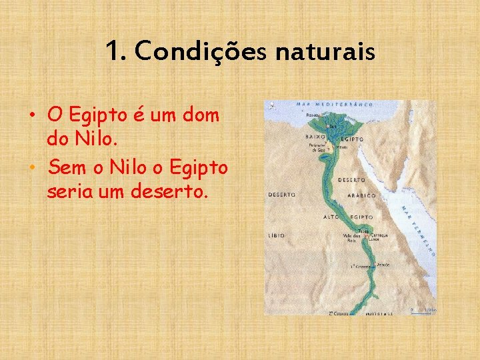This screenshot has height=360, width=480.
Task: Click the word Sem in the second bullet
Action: (x=65, y=166)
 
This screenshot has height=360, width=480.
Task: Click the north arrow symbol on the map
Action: (x=271, y=106)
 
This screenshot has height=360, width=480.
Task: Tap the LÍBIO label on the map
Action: (x=277, y=235)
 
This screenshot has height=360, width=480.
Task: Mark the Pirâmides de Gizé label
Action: (x=315, y=147)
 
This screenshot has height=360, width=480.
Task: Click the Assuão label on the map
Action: (x=383, y=264)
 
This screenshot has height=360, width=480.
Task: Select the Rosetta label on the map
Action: (x=313, y=115)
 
